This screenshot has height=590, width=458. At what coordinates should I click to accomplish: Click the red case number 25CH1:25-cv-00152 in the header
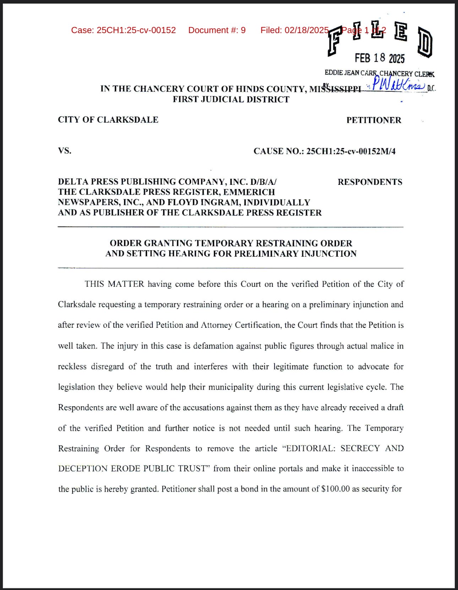click(136, 30)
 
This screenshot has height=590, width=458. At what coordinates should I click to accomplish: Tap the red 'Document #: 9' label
click(217, 30)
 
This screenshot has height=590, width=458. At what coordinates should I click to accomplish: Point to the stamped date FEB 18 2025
click(380, 58)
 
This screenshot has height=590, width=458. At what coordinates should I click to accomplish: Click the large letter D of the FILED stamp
click(425, 42)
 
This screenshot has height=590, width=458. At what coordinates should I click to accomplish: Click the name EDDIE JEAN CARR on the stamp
click(350, 73)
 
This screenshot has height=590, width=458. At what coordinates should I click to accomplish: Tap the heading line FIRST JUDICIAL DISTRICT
click(231, 100)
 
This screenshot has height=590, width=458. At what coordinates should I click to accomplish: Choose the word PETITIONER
click(374, 120)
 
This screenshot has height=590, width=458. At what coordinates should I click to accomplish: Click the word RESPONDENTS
click(370, 182)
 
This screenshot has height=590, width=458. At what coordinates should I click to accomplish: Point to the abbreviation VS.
click(65, 151)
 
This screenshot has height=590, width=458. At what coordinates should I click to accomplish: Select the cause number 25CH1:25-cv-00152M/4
click(351, 151)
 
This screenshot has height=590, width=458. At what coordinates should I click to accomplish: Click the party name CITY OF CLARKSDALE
click(108, 120)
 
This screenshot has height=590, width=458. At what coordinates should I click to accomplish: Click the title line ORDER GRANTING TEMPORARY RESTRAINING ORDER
click(231, 243)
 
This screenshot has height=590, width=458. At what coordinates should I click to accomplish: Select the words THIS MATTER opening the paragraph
click(114, 284)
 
